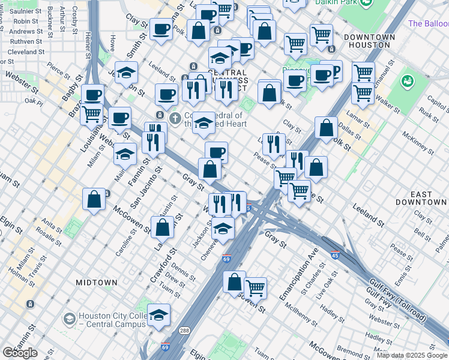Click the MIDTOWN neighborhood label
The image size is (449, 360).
(97, 282)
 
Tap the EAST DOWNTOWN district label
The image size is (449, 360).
(430, 199)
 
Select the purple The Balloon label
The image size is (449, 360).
(428, 24)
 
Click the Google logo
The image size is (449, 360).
(20, 353)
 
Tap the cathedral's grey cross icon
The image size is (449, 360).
(175, 117)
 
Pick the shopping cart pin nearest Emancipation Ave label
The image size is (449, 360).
(256, 287)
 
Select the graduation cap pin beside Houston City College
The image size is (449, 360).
(158, 315)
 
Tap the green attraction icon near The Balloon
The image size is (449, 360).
(408, 80)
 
